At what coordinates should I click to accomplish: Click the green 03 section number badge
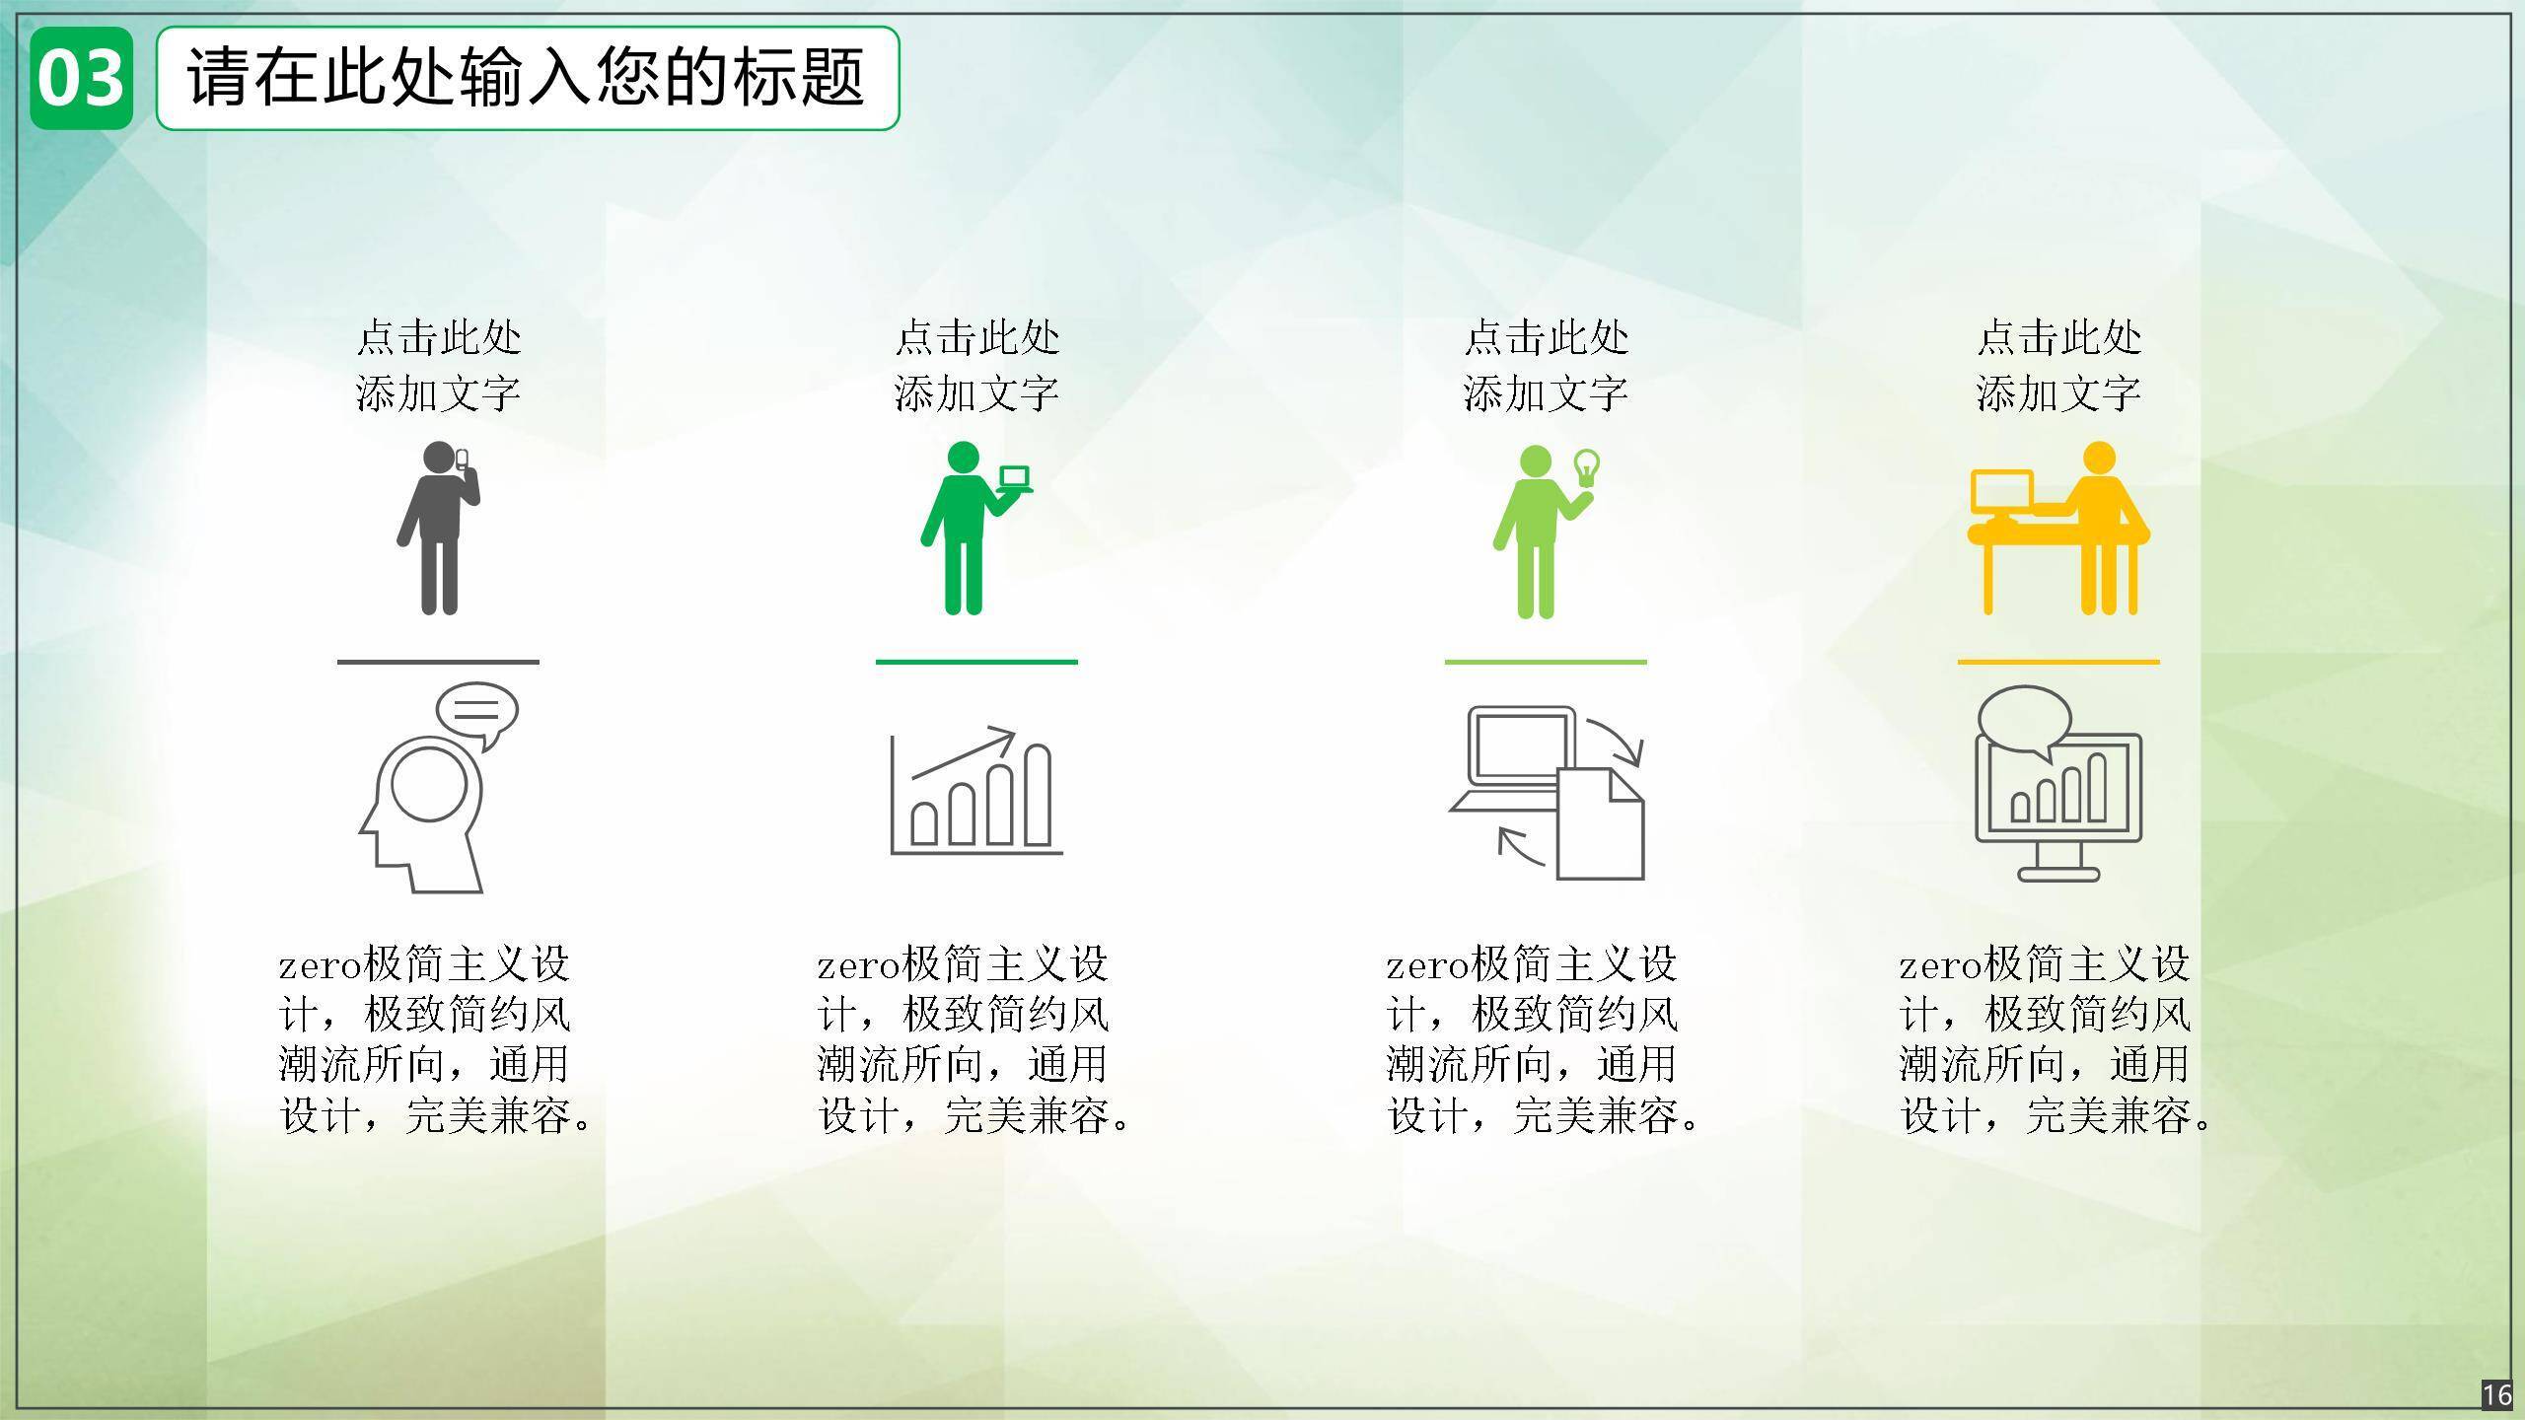pyautogui.click(x=81, y=78)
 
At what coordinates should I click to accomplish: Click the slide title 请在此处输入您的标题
pyautogui.click(x=527, y=77)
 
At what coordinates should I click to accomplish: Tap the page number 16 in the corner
pyautogui.click(x=2497, y=1394)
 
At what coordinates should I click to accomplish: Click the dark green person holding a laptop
pyautogui.click(x=975, y=529)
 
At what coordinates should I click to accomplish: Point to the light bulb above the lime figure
pyautogui.click(x=1586, y=467)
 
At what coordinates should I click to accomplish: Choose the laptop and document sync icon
pyautogui.click(x=1547, y=793)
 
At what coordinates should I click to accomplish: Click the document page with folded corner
pyautogui.click(x=1601, y=824)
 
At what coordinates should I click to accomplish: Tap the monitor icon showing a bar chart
pyautogui.click(x=2058, y=783)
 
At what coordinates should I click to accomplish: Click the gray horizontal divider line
pyautogui.click(x=438, y=662)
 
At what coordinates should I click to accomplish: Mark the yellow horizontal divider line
pyautogui.click(x=2058, y=662)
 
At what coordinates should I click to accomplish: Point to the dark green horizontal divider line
pyautogui.click(x=976, y=662)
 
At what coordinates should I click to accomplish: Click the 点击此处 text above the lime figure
pyautogui.click(x=1546, y=337)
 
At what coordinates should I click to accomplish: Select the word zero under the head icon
pyautogui.click(x=321, y=966)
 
